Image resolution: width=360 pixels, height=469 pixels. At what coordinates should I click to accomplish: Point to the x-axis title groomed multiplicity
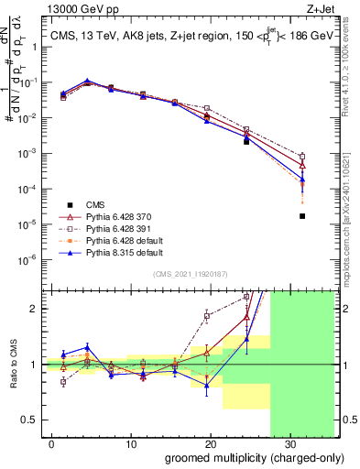[242, 458]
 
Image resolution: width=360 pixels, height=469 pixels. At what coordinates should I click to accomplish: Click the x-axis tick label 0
[52, 444]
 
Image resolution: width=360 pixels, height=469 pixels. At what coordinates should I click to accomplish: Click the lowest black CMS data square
[302, 216]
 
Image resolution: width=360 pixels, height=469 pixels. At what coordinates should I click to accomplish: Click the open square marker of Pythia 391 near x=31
[302, 156]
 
